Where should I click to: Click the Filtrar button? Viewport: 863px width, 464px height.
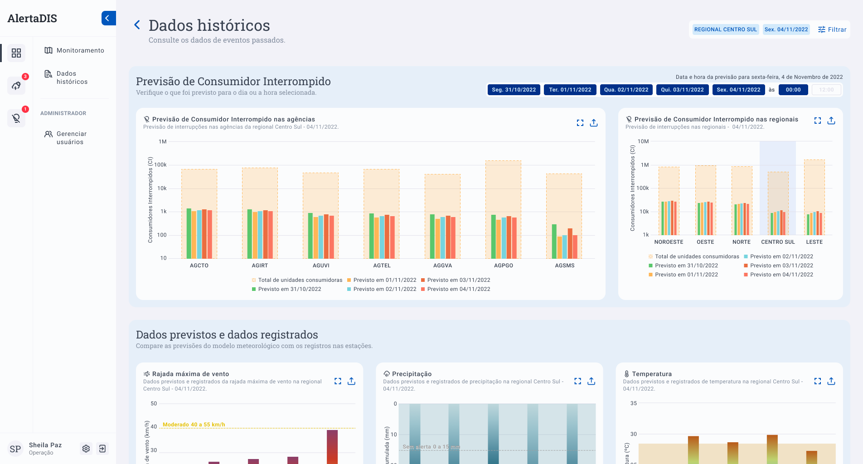click(x=832, y=29)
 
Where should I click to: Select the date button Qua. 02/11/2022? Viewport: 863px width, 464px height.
click(x=626, y=90)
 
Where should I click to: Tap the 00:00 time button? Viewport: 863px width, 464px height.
click(x=793, y=90)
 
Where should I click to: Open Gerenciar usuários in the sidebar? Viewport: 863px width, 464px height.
click(x=71, y=138)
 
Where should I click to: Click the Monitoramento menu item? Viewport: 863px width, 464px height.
click(x=80, y=50)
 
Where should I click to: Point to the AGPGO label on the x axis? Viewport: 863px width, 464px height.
click(x=503, y=266)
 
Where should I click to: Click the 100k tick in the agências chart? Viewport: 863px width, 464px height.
click(x=160, y=165)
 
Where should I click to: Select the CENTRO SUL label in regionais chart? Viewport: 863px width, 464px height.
click(x=778, y=242)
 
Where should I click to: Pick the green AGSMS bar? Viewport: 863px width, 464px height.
click(x=554, y=241)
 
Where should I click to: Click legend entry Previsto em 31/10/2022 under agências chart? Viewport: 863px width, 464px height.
click(x=289, y=289)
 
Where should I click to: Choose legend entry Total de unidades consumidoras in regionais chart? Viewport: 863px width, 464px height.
click(x=697, y=256)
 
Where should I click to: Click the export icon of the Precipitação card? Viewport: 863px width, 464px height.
click(x=591, y=381)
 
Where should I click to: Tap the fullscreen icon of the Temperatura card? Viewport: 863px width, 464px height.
click(x=817, y=381)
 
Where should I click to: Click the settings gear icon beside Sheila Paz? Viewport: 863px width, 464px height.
click(x=86, y=449)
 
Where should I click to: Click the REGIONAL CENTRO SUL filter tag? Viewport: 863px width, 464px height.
click(x=725, y=29)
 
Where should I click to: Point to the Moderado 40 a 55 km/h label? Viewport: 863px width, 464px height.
click(x=194, y=425)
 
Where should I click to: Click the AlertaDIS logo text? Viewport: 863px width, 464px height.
click(x=32, y=19)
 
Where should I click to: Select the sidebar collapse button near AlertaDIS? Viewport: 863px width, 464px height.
click(x=108, y=18)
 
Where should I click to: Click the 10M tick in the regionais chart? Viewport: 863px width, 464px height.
click(x=643, y=141)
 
